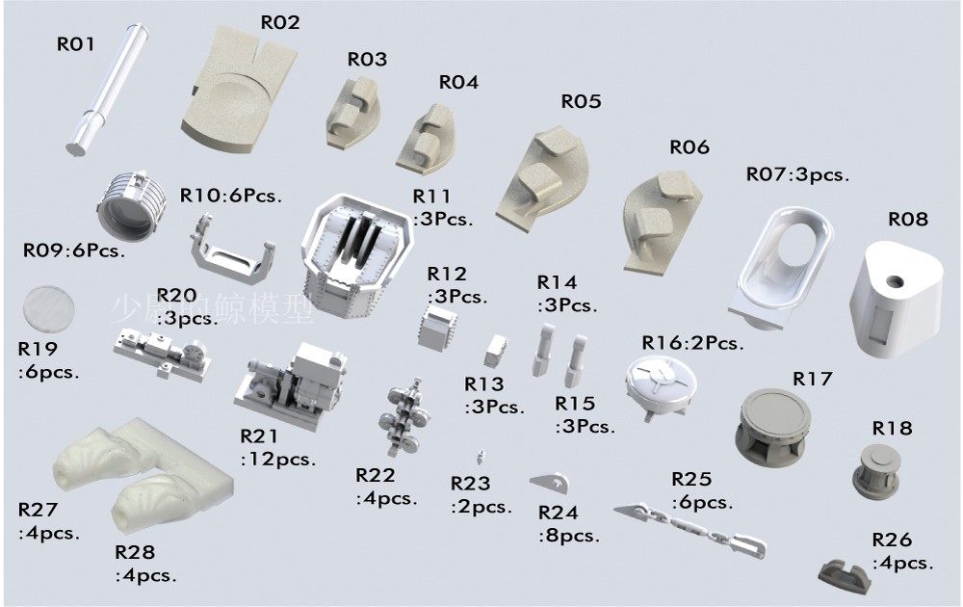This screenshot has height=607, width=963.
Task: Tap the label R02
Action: [x=280, y=22]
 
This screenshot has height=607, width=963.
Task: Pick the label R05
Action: [x=581, y=101]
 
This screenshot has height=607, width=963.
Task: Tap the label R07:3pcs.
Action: [x=797, y=174]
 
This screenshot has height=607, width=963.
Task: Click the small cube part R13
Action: [x=496, y=350]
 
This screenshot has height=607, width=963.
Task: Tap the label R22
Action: [x=376, y=475]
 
